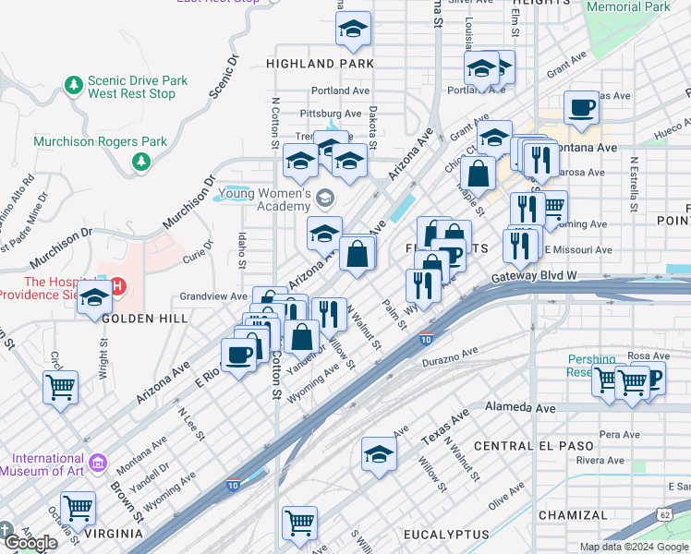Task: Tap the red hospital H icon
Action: (117, 287)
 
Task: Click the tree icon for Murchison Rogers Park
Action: (140, 163)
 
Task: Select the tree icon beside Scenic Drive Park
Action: (74, 86)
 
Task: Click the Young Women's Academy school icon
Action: (324, 199)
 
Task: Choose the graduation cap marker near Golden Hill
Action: (94, 299)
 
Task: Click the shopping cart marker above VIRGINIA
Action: (78, 506)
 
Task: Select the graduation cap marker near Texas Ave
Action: (378, 454)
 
